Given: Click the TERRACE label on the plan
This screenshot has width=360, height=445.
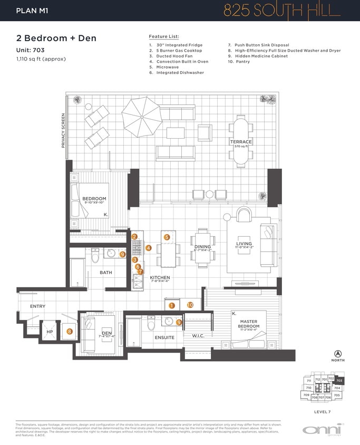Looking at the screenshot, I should pos(240,142).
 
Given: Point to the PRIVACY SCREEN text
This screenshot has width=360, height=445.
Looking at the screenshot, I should pos(63,130).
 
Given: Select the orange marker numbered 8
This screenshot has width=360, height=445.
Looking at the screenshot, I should pos(69,332).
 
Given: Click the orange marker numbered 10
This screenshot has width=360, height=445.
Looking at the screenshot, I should pos(190,305).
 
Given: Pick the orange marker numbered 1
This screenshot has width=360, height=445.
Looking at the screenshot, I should pos(171,305).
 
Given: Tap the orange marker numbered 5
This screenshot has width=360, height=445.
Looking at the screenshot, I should pos(167,237).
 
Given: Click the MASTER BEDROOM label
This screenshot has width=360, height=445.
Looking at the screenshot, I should pos(249,324).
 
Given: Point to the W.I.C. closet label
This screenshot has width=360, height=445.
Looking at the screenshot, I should pos(198,335).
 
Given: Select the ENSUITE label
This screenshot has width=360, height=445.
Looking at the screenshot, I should pos(164,337).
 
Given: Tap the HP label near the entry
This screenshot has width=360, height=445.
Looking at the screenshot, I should pos(50,332).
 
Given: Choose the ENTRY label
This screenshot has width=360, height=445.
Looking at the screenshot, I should pos(37,306).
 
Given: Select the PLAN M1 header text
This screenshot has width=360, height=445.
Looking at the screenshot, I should pos(32,10).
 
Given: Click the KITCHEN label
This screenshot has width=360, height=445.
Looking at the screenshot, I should pos(159,277).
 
